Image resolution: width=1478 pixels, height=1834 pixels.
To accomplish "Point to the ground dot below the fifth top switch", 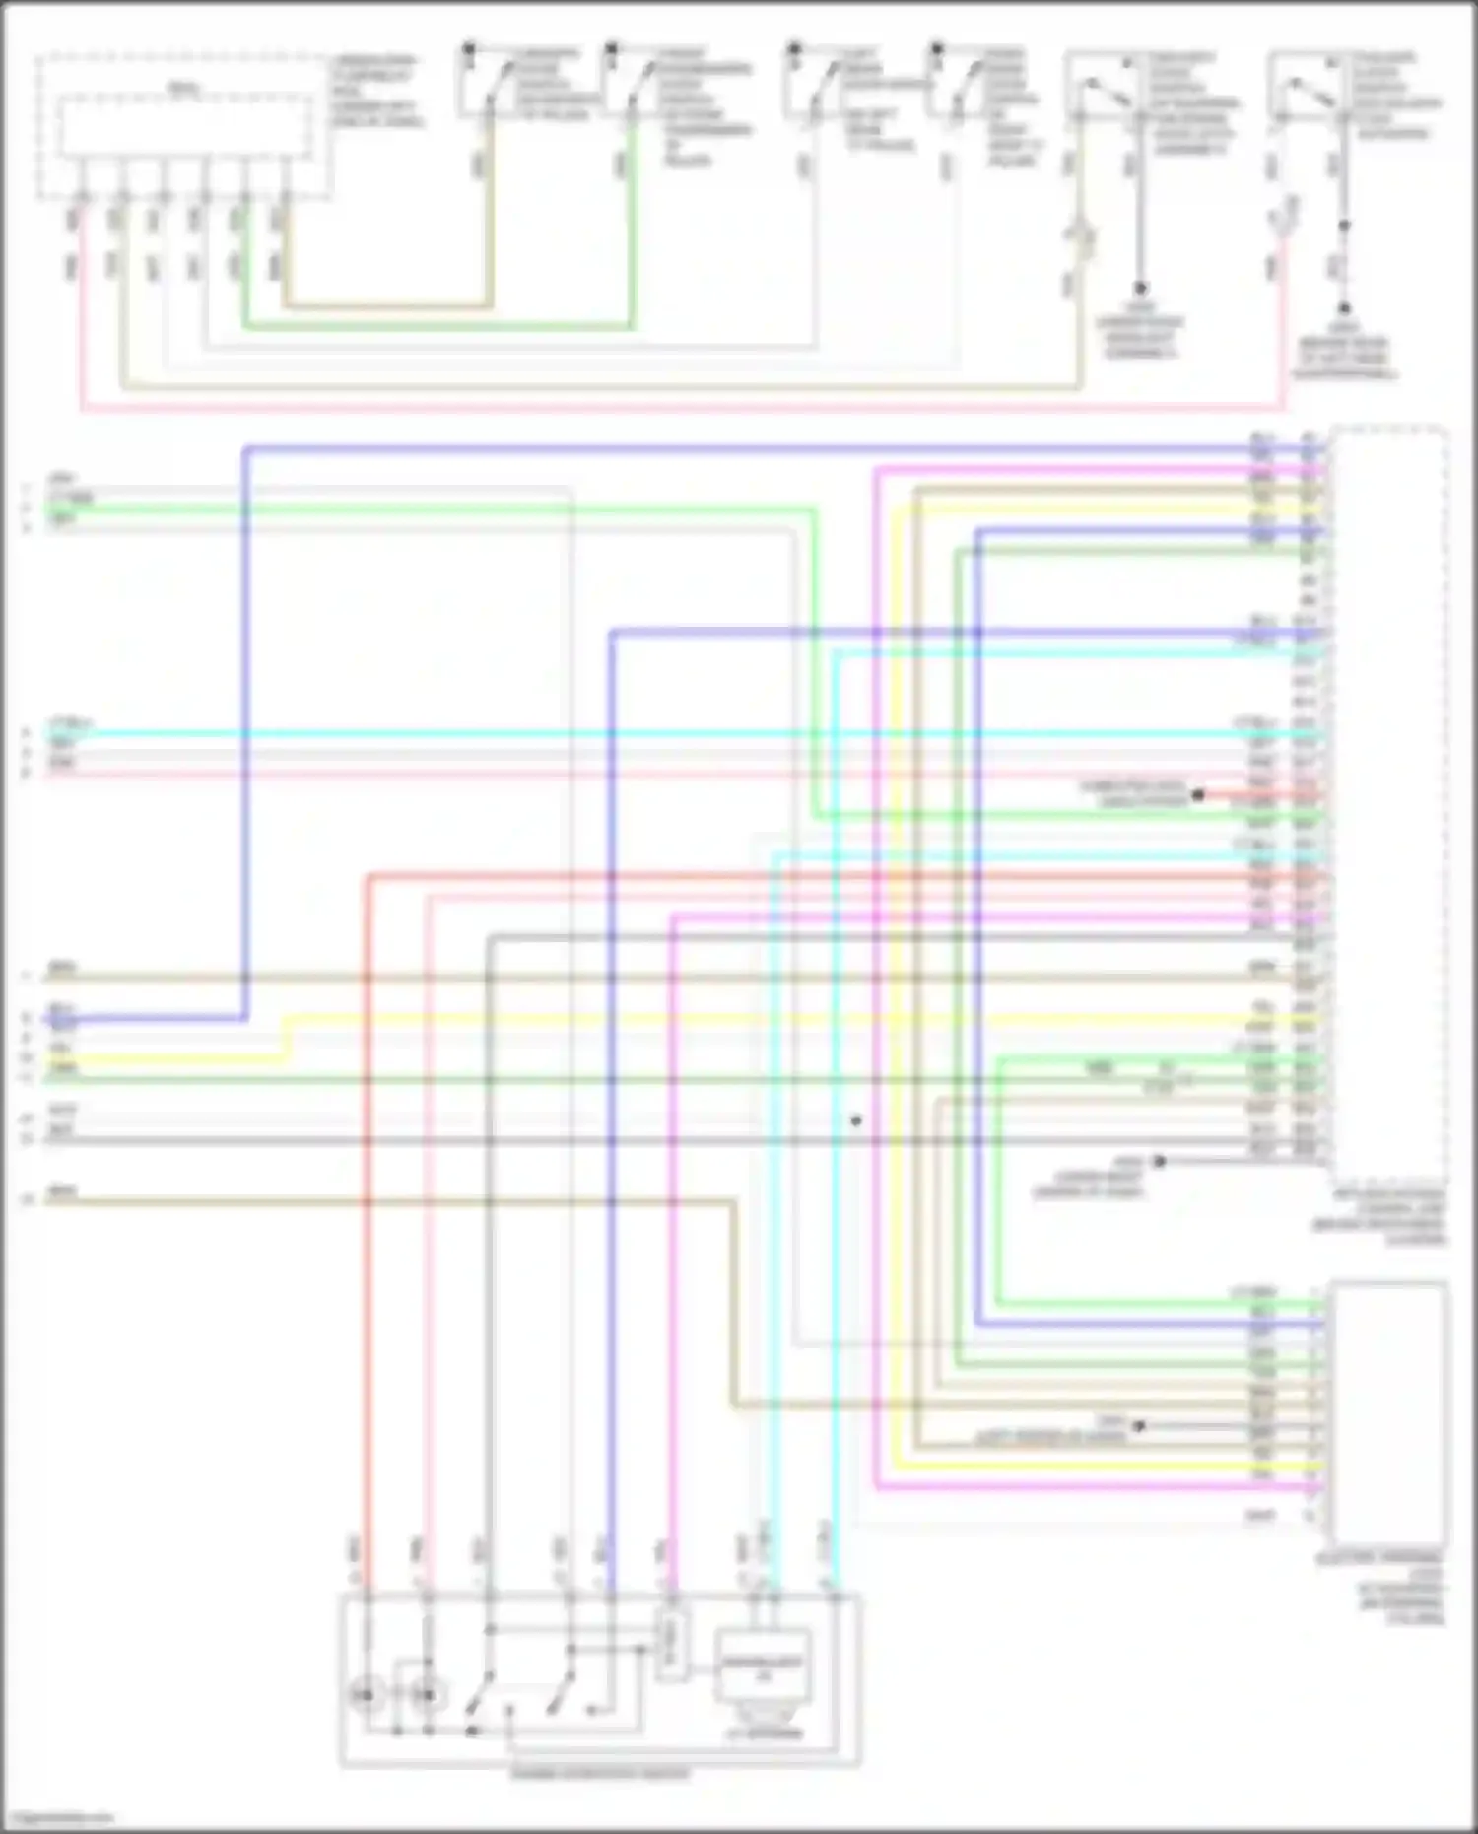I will point(1140,288).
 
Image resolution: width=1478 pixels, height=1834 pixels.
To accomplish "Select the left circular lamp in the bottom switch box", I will point(367,1696).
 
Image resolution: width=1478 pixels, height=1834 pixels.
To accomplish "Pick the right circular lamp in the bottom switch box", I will point(428,1696).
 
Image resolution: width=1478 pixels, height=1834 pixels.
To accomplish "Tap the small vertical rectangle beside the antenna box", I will point(672,1647).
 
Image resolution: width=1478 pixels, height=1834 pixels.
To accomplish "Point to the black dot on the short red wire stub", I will point(1198,794).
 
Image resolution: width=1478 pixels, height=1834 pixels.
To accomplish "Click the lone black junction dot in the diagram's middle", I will point(855,1121).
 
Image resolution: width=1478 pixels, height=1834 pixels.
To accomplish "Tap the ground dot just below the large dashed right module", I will point(1159,1162).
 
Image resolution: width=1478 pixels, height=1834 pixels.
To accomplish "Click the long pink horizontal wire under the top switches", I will point(690,408).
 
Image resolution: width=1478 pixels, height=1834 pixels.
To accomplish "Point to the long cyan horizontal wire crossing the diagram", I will point(690,734).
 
